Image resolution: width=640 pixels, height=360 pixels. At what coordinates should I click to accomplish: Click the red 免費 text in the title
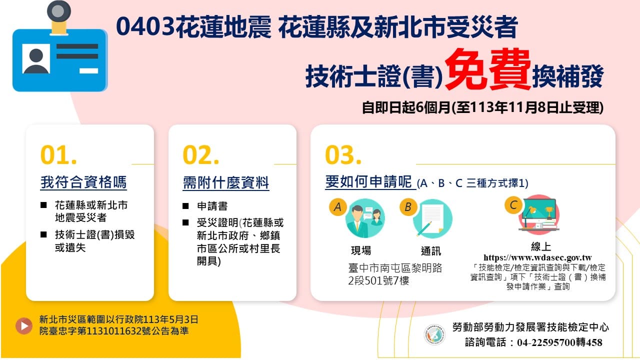[487, 69]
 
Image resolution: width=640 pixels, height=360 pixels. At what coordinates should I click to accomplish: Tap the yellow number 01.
[58, 155]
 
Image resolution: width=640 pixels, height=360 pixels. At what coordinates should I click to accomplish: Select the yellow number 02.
[201, 155]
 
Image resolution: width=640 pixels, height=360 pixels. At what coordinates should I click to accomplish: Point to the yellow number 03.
[343, 155]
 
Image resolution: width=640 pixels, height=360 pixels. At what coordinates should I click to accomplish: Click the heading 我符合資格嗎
[83, 182]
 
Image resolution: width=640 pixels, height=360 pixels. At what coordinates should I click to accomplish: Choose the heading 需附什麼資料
[225, 183]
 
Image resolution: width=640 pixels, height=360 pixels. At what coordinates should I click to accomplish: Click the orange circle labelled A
[337, 207]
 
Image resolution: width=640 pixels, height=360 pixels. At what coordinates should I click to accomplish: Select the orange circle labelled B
[408, 207]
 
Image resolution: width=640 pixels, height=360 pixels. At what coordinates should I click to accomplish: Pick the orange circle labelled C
[513, 205]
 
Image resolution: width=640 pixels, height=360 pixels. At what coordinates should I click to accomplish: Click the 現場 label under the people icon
[361, 250]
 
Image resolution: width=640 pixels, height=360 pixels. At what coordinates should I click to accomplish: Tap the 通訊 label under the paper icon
[431, 251]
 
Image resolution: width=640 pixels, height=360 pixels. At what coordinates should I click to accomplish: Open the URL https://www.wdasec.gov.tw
[537, 257]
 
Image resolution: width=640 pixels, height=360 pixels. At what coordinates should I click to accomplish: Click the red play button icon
[24, 325]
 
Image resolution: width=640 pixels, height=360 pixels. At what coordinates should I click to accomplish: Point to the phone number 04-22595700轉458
[559, 342]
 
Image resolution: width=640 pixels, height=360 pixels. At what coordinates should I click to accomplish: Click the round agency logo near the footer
[434, 334]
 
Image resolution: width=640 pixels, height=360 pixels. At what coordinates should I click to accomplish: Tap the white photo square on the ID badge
[36, 58]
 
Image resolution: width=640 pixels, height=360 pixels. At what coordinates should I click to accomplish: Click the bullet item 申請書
[212, 206]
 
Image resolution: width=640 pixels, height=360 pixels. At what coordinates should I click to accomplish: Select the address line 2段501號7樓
[378, 281]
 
